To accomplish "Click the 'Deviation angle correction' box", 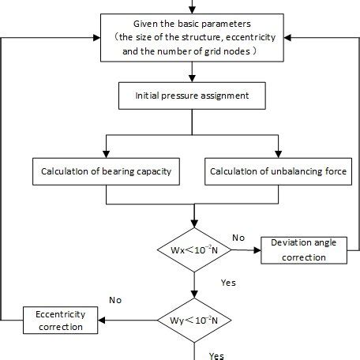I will tap(302, 248).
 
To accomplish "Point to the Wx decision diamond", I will tap(193, 249).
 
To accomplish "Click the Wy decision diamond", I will tap(193, 320).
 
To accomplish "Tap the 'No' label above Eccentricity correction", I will tap(114, 300).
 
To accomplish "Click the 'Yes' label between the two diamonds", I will tap(227, 281).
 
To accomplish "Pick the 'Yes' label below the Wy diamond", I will tap(216, 355).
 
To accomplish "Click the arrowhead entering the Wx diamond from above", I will tap(193, 223).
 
